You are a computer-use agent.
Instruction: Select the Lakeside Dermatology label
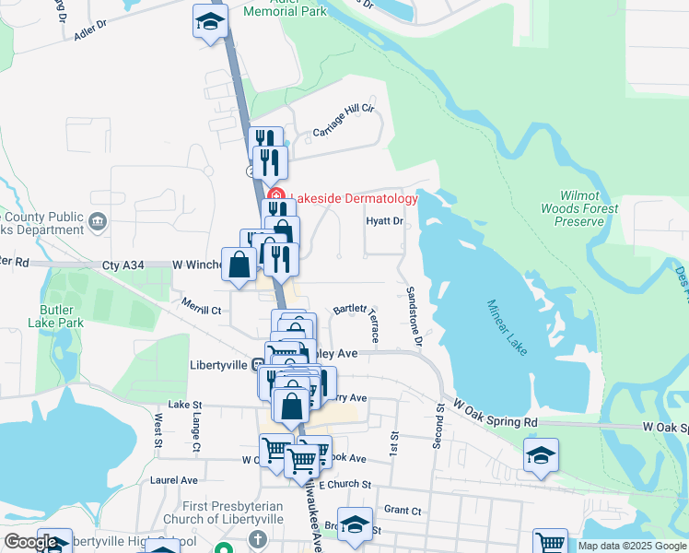355,198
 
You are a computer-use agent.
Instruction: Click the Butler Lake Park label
62,316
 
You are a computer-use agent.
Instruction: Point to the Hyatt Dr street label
384,221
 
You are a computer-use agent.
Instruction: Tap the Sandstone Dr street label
414,316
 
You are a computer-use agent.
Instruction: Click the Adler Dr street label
91,32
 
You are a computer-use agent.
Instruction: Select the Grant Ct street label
402,510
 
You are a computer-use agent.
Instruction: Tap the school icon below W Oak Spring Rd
541,455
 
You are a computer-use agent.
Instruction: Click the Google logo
30,542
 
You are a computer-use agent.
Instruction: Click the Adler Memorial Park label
285,9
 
